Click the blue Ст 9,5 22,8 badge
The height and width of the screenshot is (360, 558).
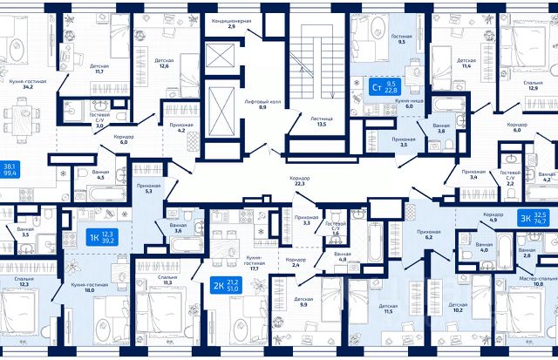point(385,87)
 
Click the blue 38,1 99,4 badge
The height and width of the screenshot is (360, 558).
point(10,170)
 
